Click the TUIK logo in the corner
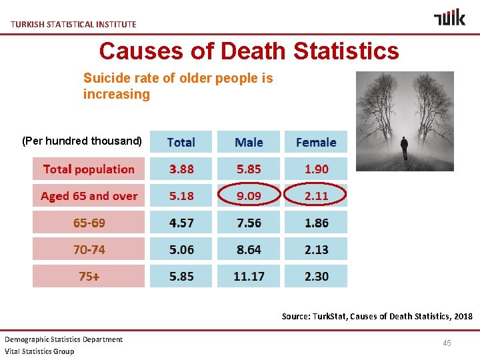pos(449,17)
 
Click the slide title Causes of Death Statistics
pos(249,51)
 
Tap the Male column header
pos(249,142)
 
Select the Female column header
pos(316,142)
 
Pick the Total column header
pos(181,142)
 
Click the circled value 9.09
pos(249,196)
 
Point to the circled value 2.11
pos(316,196)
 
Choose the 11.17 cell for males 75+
pos(249,276)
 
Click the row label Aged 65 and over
pos(89,196)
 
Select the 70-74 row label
pos(89,249)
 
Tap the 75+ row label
pos(89,276)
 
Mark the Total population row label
pos(89,169)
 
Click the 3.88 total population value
pos(181,169)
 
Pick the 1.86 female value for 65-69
pos(316,223)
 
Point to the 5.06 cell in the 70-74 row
pos(181,249)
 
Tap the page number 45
pos(447,343)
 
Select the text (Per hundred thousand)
pos(82,141)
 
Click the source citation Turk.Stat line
pos(377,316)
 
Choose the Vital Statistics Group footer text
pos(39,351)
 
